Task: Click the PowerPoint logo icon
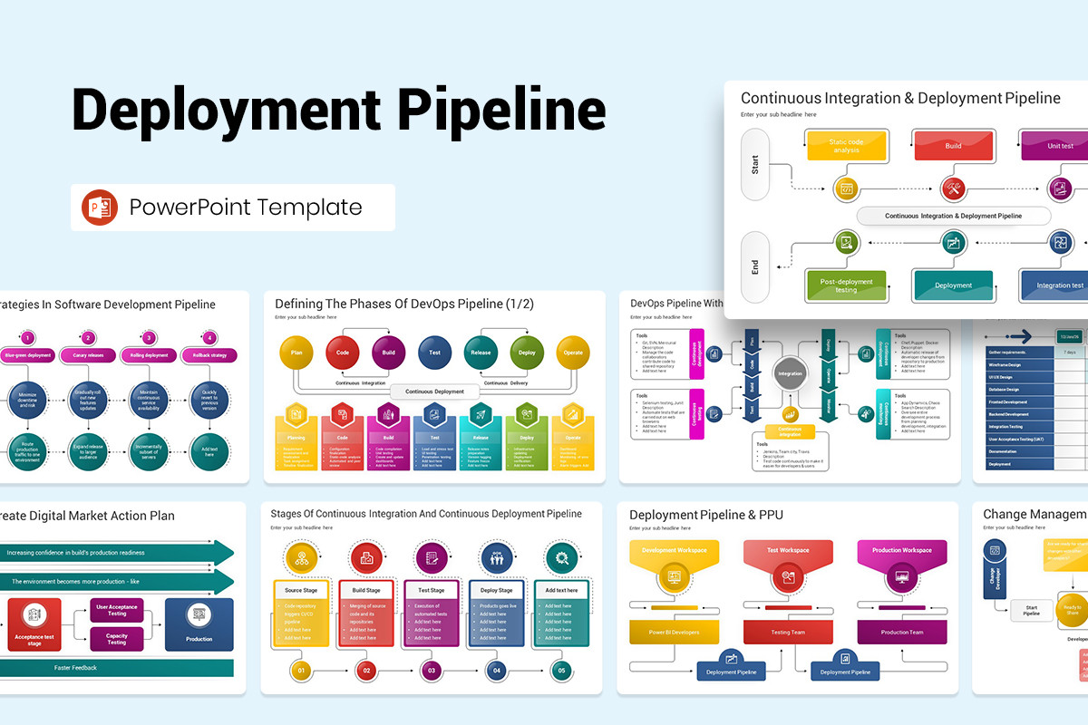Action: [100, 208]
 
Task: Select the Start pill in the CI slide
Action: [755, 164]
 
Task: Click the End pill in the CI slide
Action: [755, 266]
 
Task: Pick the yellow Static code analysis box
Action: [846, 145]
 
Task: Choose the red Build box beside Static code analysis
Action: [953, 145]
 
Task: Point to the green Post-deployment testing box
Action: [846, 285]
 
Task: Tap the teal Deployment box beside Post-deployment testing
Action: [953, 285]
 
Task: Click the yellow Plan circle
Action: [296, 353]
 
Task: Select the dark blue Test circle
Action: [435, 353]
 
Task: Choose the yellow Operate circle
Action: [573, 353]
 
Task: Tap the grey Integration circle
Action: [791, 373]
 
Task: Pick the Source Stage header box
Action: [301, 590]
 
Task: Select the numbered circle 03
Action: [432, 672]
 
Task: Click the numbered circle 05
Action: [561, 672]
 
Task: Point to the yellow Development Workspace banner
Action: [674, 551]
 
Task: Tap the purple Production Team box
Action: [902, 632]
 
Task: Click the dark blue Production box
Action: [199, 624]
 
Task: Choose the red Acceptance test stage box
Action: [35, 624]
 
